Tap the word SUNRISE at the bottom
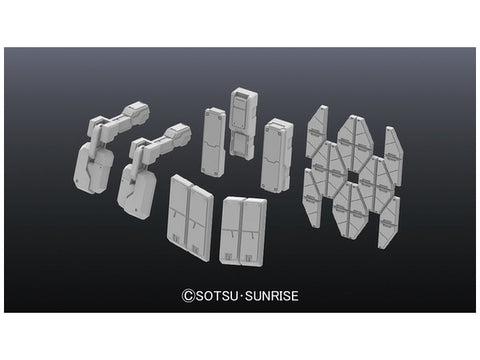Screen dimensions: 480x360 point(272,296)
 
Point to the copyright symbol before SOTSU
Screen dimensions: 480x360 point(188,296)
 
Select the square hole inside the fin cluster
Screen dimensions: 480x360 point(352,177)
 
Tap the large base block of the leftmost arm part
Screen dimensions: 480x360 point(92,170)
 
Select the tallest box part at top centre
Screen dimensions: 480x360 point(243,123)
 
